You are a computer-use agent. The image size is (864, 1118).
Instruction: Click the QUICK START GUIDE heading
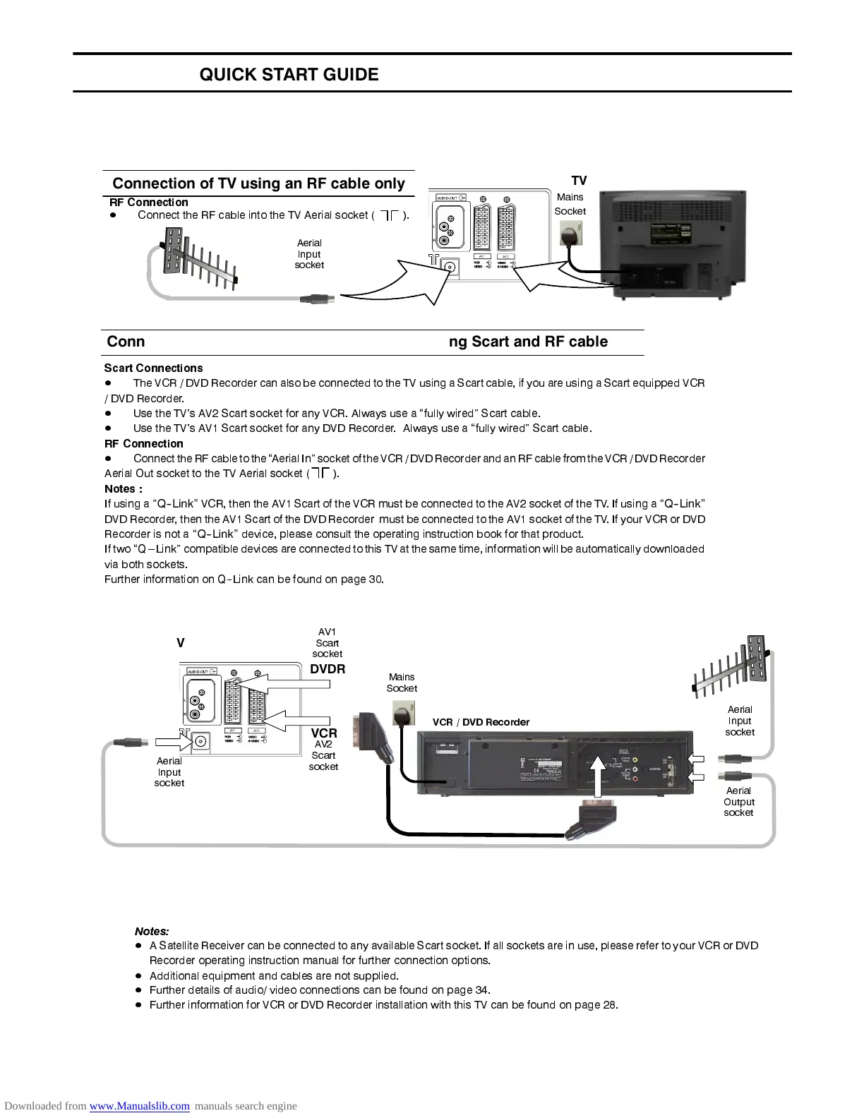click(289, 75)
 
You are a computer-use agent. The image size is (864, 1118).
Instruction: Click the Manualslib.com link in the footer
click(139, 1106)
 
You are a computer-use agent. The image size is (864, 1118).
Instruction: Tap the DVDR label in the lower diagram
click(328, 669)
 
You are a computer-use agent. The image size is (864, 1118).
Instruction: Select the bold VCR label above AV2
click(324, 733)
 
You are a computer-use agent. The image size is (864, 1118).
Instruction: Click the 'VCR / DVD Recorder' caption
click(481, 722)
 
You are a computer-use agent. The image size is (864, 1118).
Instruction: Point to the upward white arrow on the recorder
click(599, 776)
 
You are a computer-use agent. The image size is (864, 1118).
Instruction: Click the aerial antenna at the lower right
click(732, 666)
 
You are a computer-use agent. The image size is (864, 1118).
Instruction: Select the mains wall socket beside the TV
click(571, 232)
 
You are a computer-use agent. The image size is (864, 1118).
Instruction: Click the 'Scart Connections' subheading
click(153, 368)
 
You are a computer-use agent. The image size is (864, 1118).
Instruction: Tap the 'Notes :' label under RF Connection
click(124, 488)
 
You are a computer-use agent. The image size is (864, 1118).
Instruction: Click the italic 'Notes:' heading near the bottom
click(152, 931)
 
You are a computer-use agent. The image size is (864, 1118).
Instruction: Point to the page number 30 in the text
click(375, 579)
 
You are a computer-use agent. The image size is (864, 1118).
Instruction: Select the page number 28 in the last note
click(608, 1005)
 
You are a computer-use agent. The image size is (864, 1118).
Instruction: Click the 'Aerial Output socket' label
click(738, 802)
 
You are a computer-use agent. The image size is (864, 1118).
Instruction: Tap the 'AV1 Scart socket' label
click(327, 643)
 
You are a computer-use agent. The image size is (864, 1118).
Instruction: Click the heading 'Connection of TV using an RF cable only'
click(258, 184)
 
